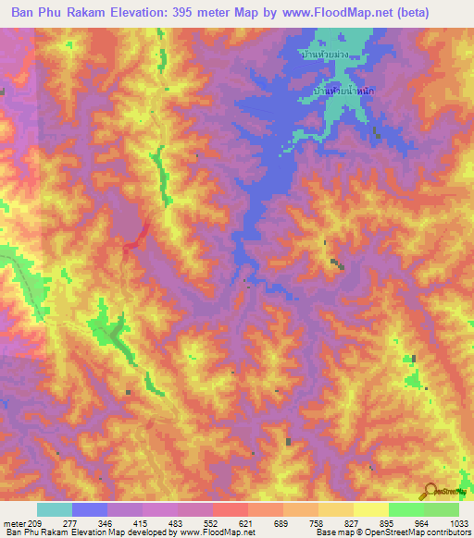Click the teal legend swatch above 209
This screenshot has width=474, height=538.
point(55,509)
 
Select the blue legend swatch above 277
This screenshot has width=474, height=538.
point(90,509)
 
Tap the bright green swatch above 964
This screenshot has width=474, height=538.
point(406,509)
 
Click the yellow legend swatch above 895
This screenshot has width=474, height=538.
point(371,509)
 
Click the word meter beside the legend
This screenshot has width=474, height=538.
point(16,522)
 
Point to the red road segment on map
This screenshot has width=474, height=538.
point(137,235)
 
